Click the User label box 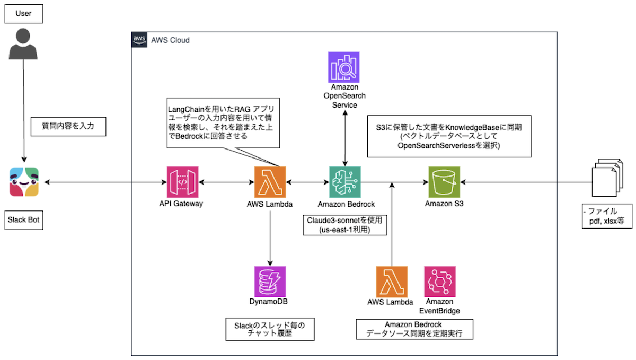[x=23, y=13]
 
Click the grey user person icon [x=23, y=45]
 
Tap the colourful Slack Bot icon [x=24, y=182]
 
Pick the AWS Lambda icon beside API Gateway [x=270, y=182]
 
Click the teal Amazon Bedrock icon [x=344, y=182]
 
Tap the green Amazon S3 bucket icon [x=444, y=182]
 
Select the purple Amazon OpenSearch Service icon [x=343, y=67]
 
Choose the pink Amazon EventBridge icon [x=440, y=281]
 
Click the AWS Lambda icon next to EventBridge [x=392, y=281]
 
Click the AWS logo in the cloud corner [x=139, y=40]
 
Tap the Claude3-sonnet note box [x=344, y=225]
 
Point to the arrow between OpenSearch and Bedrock [x=345, y=138]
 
